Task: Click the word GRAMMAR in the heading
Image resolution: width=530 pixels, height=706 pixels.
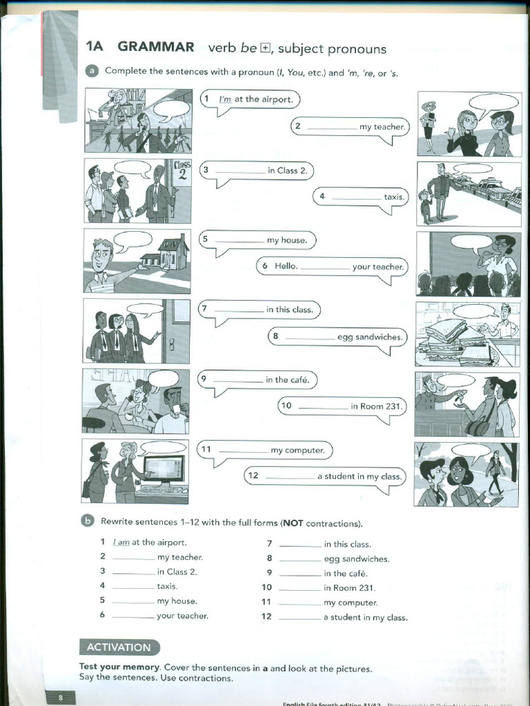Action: point(156,47)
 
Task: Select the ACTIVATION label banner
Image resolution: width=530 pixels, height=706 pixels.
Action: point(119,647)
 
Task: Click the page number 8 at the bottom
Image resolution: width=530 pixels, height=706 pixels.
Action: point(61,698)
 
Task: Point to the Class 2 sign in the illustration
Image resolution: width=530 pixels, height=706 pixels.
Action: point(181,170)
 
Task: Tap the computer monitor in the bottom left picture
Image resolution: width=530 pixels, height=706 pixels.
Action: point(164,469)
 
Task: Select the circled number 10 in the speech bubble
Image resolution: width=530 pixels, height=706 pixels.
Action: point(286,406)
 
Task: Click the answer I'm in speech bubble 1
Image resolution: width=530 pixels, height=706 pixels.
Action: point(225,99)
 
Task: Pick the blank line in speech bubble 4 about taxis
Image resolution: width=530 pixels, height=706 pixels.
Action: point(357,198)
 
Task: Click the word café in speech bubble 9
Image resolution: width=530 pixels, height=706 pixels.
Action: point(302,380)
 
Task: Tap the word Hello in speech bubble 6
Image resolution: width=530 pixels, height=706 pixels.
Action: point(286,266)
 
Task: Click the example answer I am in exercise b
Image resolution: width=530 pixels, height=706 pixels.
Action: point(121,543)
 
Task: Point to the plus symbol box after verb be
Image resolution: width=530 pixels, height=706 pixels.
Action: point(266,48)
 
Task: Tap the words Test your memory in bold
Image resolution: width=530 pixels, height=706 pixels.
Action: point(119,668)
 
